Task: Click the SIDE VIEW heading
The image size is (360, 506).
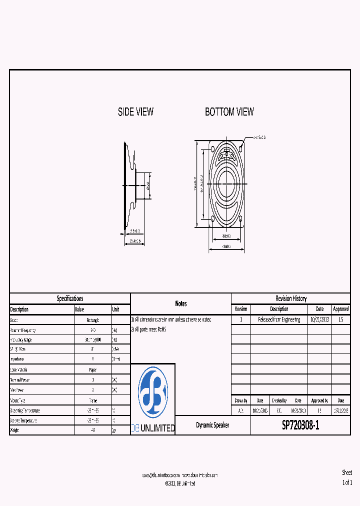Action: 135,112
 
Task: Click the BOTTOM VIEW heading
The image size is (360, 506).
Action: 229,112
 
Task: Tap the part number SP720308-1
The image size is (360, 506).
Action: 300,425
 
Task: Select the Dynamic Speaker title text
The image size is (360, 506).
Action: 212,425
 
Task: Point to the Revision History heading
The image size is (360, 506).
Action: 290,298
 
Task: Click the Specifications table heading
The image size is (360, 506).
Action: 70,298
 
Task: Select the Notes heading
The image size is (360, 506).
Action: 180,303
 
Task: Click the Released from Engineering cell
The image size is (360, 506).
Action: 279,319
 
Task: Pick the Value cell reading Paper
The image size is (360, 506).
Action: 92,370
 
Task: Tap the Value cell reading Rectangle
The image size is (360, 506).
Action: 92,320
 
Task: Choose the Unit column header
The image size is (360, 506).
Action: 115,309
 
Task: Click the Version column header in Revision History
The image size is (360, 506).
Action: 240,309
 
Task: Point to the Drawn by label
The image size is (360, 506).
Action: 240,400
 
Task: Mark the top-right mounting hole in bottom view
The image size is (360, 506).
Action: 241,149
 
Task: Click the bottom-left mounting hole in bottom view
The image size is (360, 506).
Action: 213,219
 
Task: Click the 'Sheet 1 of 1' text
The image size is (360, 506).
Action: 347,477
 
